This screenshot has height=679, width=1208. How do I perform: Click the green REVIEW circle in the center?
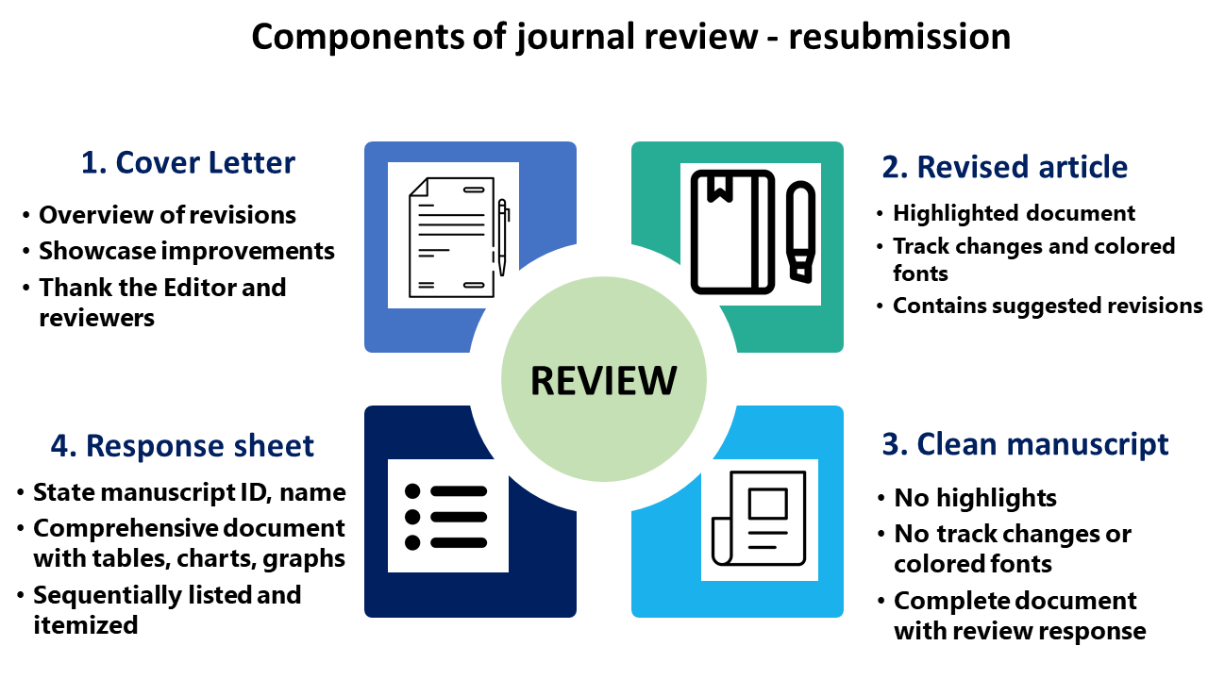pos(603,380)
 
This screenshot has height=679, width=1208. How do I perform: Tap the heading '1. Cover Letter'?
pos(188,162)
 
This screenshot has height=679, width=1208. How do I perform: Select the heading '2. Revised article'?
pos(1005,167)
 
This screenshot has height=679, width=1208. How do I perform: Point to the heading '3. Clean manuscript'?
pos(1025,444)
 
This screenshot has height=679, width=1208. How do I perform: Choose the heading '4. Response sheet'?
pos(182,446)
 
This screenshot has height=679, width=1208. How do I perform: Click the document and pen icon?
pos(454,236)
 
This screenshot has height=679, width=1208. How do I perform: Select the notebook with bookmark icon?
pos(732,232)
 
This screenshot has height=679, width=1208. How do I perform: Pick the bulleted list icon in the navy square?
pos(447,517)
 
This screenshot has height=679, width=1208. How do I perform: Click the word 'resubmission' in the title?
pos(899,37)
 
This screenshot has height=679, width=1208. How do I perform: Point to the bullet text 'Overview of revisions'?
pos(167,215)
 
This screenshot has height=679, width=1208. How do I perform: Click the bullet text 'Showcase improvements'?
pos(187,251)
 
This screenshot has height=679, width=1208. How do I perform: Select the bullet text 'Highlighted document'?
pos(1015,213)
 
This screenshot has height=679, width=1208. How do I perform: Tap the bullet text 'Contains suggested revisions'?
pos(1048,306)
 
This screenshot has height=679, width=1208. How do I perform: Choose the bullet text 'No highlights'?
pos(976,498)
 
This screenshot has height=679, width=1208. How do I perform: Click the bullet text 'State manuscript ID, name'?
pos(190,492)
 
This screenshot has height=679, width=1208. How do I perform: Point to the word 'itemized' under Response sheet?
pos(86,624)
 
